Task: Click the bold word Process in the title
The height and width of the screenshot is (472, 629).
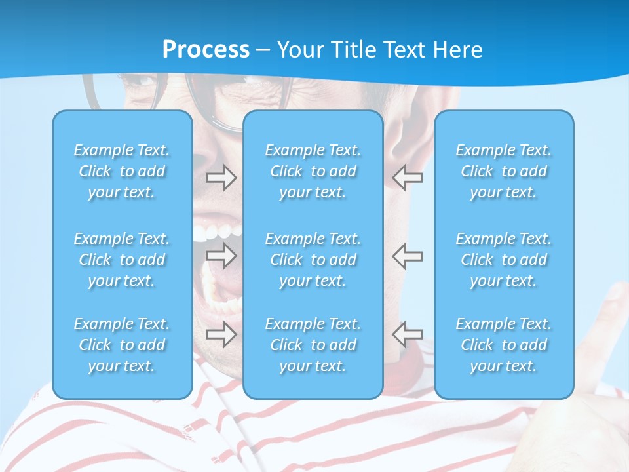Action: (x=206, y=50)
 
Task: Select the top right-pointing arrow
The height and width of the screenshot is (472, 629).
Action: (x=221, y=178)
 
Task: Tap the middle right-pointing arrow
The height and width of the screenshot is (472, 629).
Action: (x=221, y=256)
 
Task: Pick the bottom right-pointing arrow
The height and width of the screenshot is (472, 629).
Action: (x=221, y=334)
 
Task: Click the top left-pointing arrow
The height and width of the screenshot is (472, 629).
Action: (x=407, y=178)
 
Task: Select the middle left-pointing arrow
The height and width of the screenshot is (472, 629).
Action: (x=407, y=256)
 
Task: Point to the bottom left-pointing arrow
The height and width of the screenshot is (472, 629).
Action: (x=407, y=334)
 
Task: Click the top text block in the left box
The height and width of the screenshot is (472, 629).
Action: (x=122, y=171)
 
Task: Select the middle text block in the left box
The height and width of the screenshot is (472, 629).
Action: (x=122, y=260)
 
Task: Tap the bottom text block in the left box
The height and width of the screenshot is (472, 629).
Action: (x=122, y=345)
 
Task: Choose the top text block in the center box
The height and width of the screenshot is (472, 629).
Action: (x=313, y=171)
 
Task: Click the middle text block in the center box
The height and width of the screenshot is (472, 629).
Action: (x=313, y=260)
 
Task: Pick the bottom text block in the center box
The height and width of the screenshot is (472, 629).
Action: (x=313, y=345)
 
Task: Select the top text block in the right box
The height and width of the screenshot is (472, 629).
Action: (x=503, y=171)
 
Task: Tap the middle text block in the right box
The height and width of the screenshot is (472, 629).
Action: (x=503, y=260)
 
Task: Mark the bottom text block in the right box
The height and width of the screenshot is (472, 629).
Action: (x=503, y=345)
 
